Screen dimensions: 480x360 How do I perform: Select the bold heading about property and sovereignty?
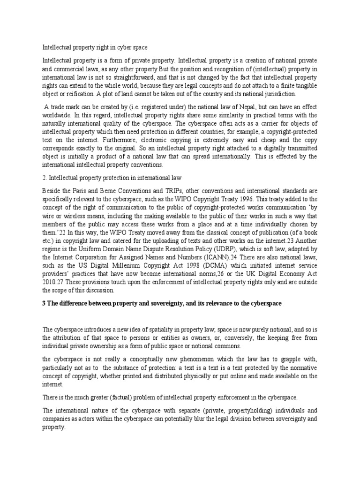(x=161, y=303)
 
